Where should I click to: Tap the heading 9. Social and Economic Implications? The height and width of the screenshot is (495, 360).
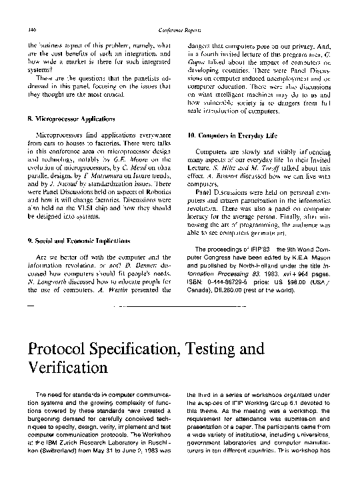79,239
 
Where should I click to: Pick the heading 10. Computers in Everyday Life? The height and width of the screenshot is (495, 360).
231,135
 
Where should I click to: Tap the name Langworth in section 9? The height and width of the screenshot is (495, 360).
49,282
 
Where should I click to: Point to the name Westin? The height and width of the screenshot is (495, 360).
111,290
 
